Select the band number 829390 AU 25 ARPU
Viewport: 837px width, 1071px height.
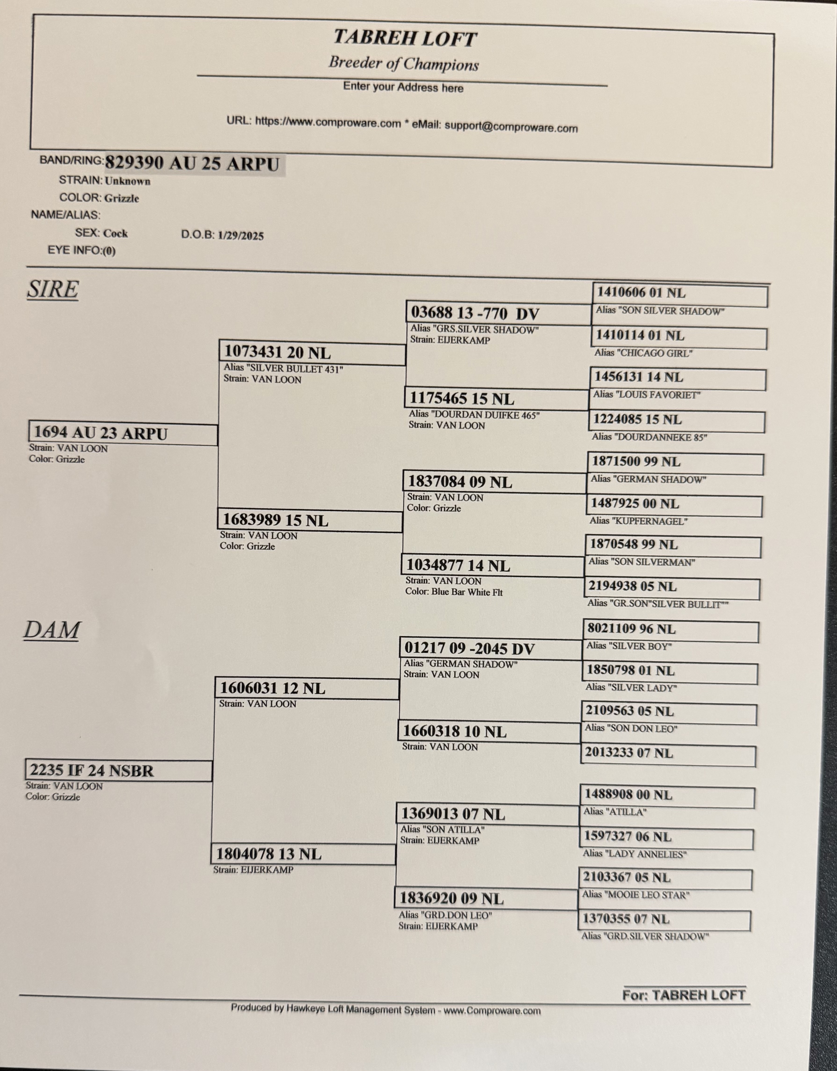point(192,163)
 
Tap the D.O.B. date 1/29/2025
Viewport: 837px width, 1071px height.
point(241,236)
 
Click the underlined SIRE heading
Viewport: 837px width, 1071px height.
point(52,289)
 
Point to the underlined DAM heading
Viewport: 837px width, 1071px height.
point(51,630)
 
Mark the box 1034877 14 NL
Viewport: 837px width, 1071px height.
point(493,565)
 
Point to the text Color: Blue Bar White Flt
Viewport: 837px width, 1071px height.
point(454,592)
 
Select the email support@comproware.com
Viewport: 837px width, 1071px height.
point(511,127)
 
